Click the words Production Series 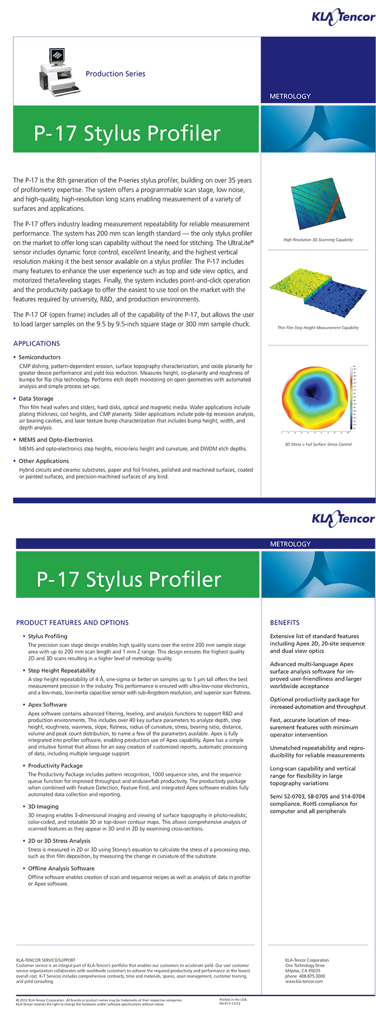[115, 74]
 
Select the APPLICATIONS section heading [37, 344]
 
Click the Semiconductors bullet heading [40, 357]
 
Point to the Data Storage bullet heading [36, 399]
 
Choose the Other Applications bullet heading [44, 461]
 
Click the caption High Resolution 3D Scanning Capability [318, 240]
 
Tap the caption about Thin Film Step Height [318, 328]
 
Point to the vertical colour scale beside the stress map [352, 398]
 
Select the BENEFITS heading [285, 623]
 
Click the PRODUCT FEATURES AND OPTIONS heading [72, 623]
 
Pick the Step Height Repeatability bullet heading [62, 671]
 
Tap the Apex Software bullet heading [48, 705]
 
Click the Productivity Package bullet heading [55, 766]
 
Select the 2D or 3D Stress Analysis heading [59, 841]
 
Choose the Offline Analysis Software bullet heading [61, 869]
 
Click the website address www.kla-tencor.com [304, 981]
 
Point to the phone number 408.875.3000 [312, 976]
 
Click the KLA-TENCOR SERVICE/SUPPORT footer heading [46, 960]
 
